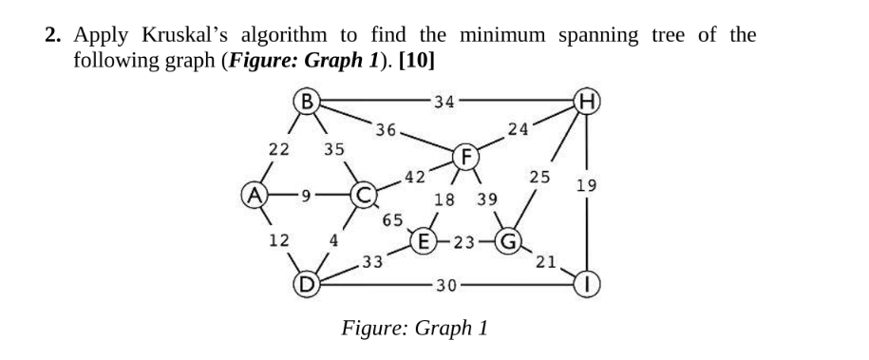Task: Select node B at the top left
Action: click(x=304, y=98)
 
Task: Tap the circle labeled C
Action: click(x=362, y=199)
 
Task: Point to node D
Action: click(x=306, y=282)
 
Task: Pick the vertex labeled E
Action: click(x=422, y=240)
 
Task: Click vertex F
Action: click(x=465, y=155)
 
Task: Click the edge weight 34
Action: click(x=442, y=101)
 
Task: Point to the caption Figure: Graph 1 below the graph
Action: click(x=415, y=329)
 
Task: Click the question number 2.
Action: click(x=54, y=36)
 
